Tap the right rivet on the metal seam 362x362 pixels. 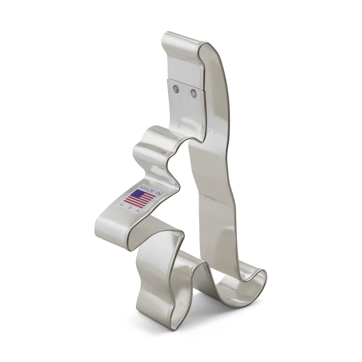194,94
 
